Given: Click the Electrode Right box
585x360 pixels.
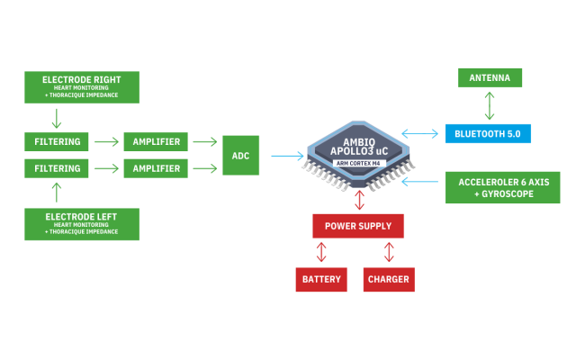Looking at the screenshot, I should pos(82,85).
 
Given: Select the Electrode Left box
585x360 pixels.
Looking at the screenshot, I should pos(82,222).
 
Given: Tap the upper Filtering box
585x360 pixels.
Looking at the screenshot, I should pos(56,142).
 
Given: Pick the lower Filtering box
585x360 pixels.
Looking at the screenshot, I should pos(56,168).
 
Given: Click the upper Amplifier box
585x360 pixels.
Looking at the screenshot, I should pos(157,142).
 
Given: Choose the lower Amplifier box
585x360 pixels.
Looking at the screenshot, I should pos(157,168).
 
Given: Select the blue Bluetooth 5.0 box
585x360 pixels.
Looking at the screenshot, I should pos(488,134).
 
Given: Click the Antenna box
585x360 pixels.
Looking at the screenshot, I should pos(489,78).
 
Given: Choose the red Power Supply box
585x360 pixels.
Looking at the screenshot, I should pos(358,226).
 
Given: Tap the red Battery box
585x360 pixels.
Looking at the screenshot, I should pos(321,279).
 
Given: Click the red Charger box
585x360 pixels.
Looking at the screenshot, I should pos(389,279).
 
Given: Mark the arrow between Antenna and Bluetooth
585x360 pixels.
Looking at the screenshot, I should pos(490,105).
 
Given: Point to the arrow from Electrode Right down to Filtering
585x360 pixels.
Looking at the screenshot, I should pos(56,118).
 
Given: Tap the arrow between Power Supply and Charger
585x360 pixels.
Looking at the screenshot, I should pos(389,251).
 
